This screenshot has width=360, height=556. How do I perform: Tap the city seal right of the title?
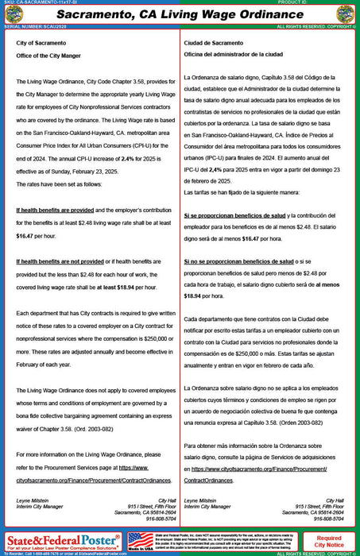click(x=346, y=14)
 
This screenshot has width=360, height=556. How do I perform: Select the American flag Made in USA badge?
click(x=141, y=542)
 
